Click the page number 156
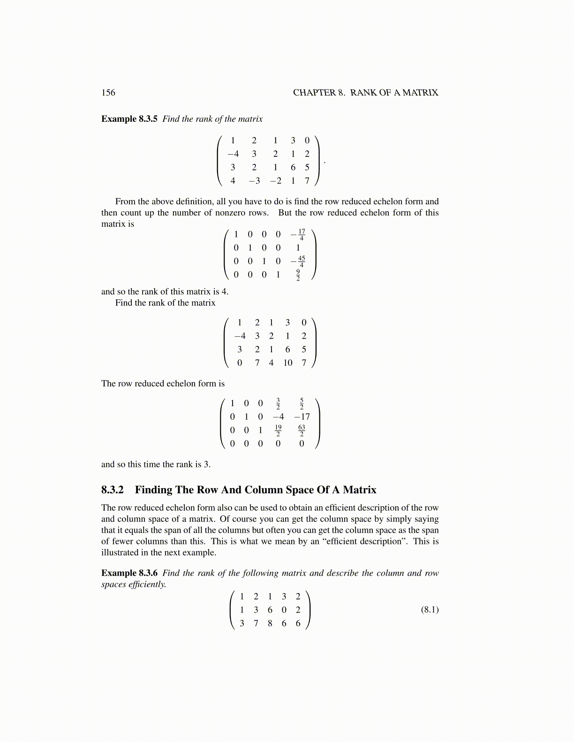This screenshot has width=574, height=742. (x=108, y=93)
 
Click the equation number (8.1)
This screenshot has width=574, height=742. (x=429, y=609)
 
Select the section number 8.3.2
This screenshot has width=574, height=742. (x=113, y=490)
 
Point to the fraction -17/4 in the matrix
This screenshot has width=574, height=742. (x=299, y=235)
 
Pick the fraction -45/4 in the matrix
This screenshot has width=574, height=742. (x=299, y=261)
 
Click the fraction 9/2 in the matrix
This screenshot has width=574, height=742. (x=298, y=275)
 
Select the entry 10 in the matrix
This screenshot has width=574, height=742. (x=287, y=363)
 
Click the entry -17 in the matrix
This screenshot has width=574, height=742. (x=302, y=417)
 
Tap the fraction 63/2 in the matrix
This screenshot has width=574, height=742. (x=302, y=430)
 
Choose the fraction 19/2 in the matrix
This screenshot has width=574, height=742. (x=278, y=430)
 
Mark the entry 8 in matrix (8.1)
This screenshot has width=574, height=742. (x=270, y=623)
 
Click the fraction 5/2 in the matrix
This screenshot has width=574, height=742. (x=302, y=403)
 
